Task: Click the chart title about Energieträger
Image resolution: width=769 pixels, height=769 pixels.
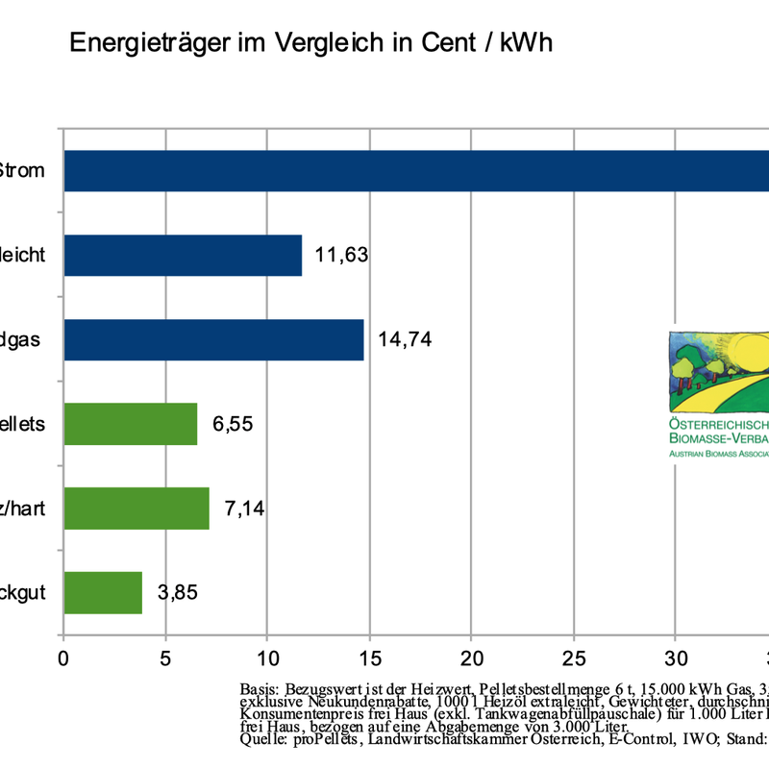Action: click(x=310, y=44)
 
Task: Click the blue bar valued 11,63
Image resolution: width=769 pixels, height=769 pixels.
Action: click(x=183, y=256)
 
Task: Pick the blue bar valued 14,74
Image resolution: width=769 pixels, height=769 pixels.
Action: click(x=213, y=339)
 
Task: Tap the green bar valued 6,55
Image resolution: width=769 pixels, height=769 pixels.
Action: click(x=130, y=424)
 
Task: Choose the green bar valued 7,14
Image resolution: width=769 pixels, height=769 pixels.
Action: click(x=136, y=508)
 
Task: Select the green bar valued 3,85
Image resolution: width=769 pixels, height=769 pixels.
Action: click(x=103, y=592)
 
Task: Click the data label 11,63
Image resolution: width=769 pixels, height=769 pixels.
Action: click(x=342, y=256)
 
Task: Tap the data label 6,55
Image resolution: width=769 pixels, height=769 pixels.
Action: click(x=233, y=424)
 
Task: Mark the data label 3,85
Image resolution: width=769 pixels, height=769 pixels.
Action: click(x=178, y=592)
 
